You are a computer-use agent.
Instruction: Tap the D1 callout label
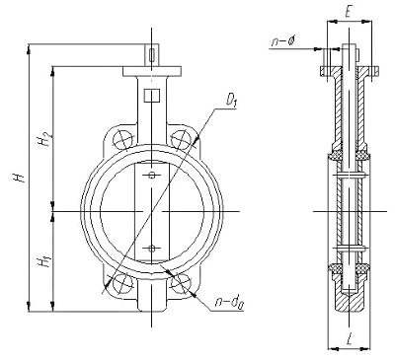pyautogui.click(x=232, y=101)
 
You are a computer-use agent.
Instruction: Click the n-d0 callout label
pyautogui.click(x=228, y=303)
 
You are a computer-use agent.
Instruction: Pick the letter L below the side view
pyautogui.click(x=350, y=339)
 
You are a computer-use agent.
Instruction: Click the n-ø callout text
pyautogui.click(x=283, y=41)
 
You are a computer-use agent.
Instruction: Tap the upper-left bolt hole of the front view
pyautogui.click(x=122, y=140)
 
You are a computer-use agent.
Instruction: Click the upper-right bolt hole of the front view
pyautogui.click(x=181, y=140)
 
